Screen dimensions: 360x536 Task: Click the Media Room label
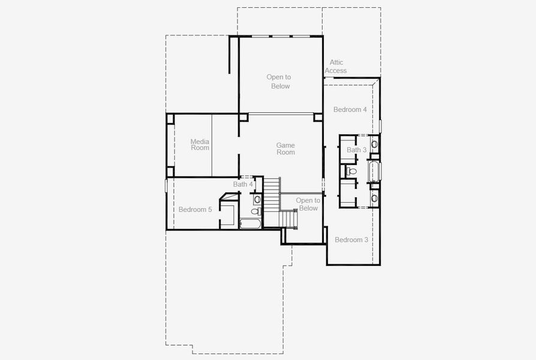pos(200,145)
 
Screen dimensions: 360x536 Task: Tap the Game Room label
pos(285,149)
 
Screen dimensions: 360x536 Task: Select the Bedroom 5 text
pos(195,209)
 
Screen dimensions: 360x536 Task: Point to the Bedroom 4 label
pos(350,110)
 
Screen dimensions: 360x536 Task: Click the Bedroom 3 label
pos(351,240)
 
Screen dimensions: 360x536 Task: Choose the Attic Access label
pos(336,67)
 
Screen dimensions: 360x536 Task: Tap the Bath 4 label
pos(243,184)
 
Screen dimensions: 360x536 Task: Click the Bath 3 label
pos(356,150)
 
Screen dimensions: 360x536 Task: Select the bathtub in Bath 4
pos(250,224)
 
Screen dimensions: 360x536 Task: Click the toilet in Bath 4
pos(255,211)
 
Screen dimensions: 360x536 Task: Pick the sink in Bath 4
pos(257,199)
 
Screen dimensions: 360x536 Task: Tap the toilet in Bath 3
pos(351,172)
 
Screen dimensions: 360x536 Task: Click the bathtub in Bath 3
pos(374,172)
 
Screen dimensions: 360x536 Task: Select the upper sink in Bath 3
pos(374,144)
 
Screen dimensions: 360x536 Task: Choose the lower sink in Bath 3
pos(374,198)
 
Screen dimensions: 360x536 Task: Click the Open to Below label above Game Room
pos(279,82)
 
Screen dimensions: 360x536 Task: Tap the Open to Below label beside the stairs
pos(308,204)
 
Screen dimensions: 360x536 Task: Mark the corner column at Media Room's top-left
pos(170,118)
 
